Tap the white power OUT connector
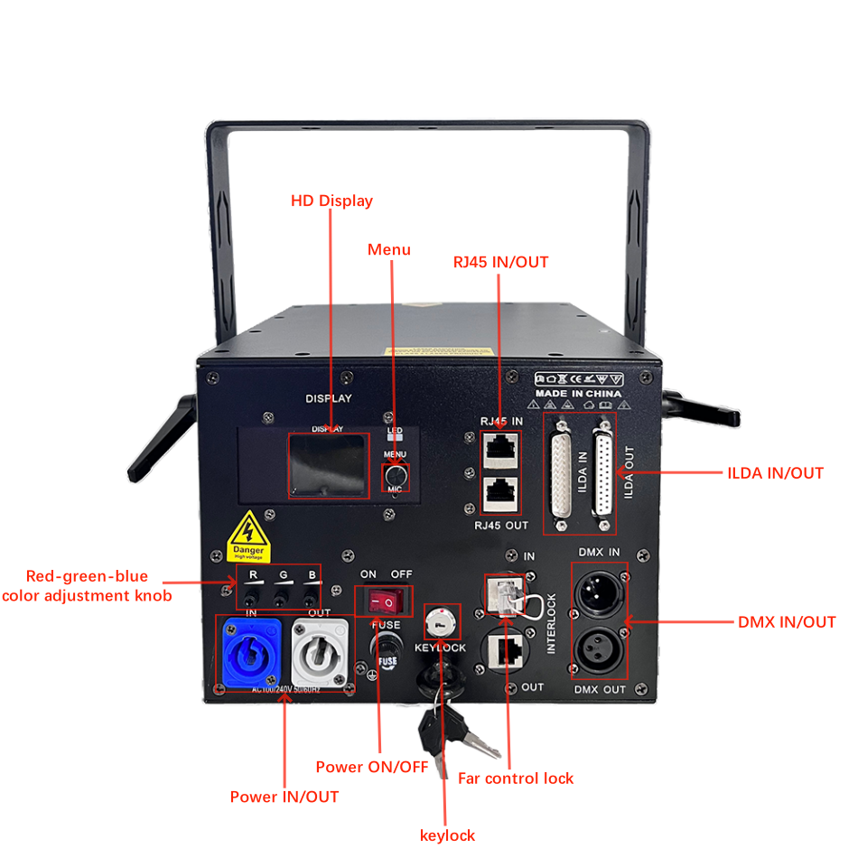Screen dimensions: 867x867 316,654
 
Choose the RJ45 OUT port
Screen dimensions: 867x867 499,492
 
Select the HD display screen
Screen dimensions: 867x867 329,465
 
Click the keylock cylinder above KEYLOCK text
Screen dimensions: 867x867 440,622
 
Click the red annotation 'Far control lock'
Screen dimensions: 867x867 516,778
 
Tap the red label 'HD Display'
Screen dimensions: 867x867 331,200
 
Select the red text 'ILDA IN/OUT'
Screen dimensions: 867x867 775,472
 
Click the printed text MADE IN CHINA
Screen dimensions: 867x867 578,394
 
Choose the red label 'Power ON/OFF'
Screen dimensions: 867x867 371,767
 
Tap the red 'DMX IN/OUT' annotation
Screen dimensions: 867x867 787,622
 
